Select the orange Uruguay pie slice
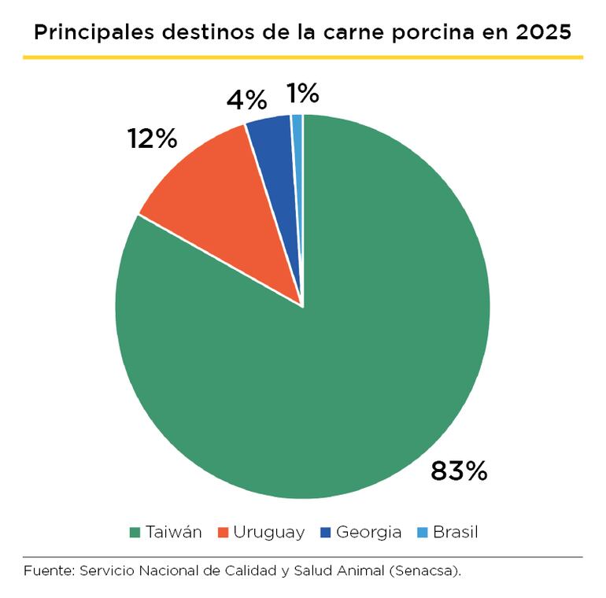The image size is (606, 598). [220, 205]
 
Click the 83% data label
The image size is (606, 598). [459, 471]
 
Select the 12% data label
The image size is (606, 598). [153, 139]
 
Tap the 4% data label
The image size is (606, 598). [246, 100]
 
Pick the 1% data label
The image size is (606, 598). [303, 94]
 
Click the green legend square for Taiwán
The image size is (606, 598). [135, 533]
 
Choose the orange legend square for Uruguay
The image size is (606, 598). [223, 533]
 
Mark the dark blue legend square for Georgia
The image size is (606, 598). [325, 533]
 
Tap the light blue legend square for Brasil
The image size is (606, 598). [423, 533]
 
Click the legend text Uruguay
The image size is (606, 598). [268, 533]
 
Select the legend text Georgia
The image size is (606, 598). [368, 533]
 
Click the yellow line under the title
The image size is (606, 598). [303, 57]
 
